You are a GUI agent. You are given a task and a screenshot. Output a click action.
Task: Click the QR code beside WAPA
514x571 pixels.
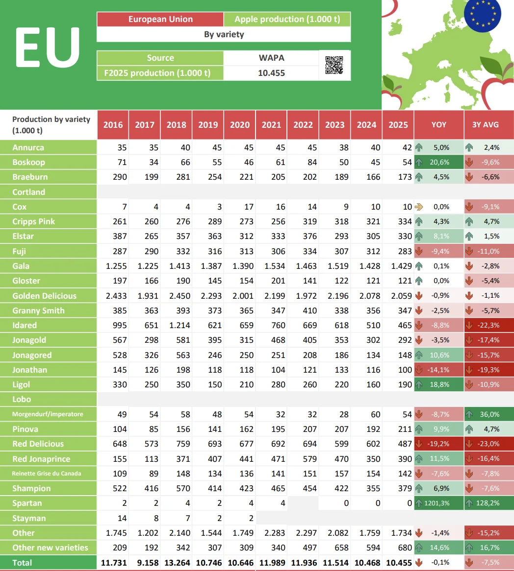pos(334,65)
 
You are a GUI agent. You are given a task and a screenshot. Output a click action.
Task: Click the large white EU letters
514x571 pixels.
pos(48,47)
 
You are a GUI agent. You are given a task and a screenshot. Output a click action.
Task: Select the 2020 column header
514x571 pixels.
pos(240,124)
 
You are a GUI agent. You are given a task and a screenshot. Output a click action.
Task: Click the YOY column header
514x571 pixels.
pos(438,124)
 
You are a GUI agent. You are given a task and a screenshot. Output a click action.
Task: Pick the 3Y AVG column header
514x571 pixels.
pos(486,124)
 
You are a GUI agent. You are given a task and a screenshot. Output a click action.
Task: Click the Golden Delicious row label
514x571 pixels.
pos(45,296)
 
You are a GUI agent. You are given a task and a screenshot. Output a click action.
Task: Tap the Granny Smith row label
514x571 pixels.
pos(38,310)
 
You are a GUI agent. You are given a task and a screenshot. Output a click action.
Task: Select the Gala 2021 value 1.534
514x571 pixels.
pos(271,266)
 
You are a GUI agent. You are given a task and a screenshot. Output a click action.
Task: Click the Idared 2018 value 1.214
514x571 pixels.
pos(177,325)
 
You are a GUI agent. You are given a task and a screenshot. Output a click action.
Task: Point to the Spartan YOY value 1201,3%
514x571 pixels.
pos(439,503)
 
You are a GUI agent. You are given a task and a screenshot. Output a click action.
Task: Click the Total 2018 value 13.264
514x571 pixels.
pos(177,563)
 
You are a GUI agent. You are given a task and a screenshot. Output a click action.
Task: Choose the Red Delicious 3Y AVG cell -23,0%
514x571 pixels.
pos(489,444)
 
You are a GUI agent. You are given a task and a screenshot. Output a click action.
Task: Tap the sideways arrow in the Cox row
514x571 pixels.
pos(418,207)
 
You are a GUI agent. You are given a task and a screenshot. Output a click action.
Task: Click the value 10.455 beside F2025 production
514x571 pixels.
pos(271,73)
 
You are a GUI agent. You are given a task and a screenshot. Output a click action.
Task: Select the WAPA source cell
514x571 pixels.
pos(271,58)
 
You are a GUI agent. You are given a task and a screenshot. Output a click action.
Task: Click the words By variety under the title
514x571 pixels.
pos(224,34)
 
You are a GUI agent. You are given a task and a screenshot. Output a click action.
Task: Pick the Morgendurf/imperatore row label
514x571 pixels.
pos(48,414)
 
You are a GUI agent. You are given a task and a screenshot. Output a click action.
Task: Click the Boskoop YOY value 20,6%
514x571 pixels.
pos(439,162)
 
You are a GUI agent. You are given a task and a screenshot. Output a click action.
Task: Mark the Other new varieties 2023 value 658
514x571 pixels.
pos(335,547)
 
